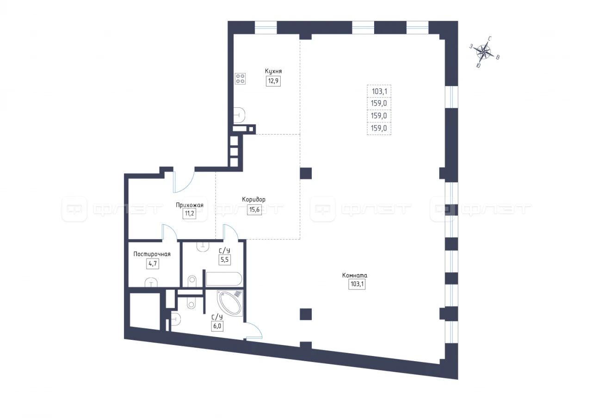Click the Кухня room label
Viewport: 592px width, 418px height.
[273, 71]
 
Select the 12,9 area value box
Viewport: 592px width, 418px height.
[273, 81]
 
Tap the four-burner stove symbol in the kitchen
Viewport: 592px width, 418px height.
[240, 79]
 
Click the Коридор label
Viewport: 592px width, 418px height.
[254, 199]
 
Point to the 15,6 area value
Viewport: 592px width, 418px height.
[254, 210]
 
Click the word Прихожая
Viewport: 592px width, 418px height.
[190, 205]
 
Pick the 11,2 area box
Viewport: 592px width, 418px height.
[190, 214]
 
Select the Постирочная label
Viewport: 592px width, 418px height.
[152, 254]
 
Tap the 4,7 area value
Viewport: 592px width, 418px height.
[153, 264]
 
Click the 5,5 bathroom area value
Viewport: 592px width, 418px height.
[225, 260]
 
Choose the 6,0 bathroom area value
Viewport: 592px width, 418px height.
[217, 326]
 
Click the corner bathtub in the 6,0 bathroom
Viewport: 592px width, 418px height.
[230, 303]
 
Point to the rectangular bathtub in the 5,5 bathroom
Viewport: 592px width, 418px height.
[224, 279]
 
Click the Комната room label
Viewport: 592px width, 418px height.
[355, 275]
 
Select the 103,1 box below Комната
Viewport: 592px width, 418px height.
[357, 284]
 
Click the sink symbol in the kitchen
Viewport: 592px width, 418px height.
[240, 115]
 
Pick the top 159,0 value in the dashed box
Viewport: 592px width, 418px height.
[379, 103]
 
